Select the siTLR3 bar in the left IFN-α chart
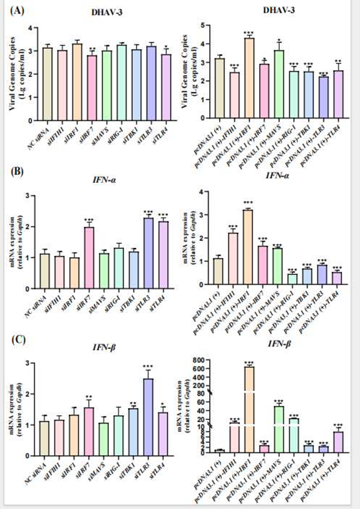point(148,253)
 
